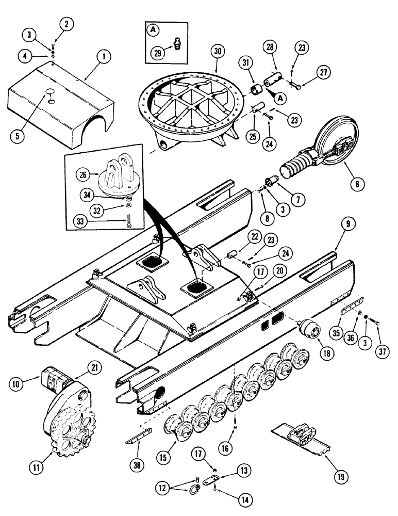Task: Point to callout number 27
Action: point(323,72)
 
